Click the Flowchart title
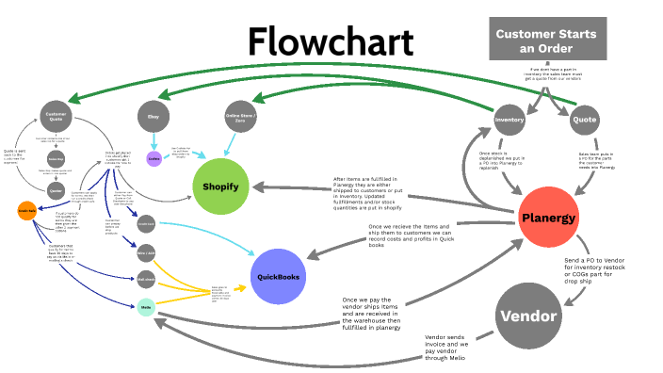tap(331, 42)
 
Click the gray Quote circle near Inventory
tap(584, 120)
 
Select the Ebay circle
tap(154, 116)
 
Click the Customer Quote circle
tap(56, 117)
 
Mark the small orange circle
tap(26, 210)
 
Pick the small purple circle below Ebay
tap(154, 158)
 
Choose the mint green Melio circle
tap(145, 305)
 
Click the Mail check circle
tap(145, 279)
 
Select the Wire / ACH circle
tap(145, 251)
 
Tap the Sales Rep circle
tap(56, 160)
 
